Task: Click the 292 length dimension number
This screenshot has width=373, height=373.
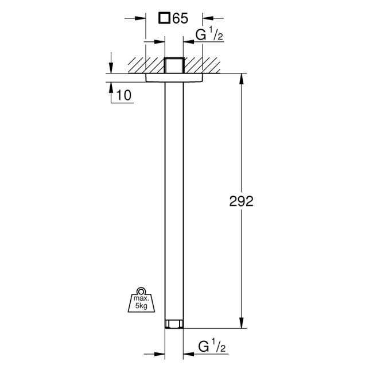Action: point(241,202)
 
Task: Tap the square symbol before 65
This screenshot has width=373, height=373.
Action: point(165,18)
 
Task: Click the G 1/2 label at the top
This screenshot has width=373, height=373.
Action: point(208,36)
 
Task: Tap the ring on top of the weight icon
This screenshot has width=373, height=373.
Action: point(139,290)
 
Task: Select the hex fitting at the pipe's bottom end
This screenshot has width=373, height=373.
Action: point(174,324)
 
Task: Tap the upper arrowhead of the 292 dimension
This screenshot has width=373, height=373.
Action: point(241,78)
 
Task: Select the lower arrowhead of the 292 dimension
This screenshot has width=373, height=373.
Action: point(241,324)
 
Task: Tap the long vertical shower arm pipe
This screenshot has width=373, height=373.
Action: point(174,201)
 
